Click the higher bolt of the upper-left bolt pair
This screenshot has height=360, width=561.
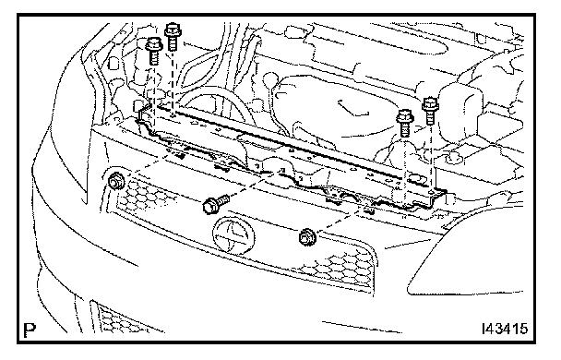(173, 36)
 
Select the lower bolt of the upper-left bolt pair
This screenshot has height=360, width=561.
(154, 51)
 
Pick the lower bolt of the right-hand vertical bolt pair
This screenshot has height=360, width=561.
(405, 123)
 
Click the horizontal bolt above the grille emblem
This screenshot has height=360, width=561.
(216, 203)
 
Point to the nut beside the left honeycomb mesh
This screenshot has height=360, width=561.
(115, 181)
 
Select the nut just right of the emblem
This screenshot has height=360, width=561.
(306, 237)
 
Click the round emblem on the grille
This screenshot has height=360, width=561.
(234, 235)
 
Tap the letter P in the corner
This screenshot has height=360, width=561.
(30, 330)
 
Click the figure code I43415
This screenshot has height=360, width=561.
(505, 329)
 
